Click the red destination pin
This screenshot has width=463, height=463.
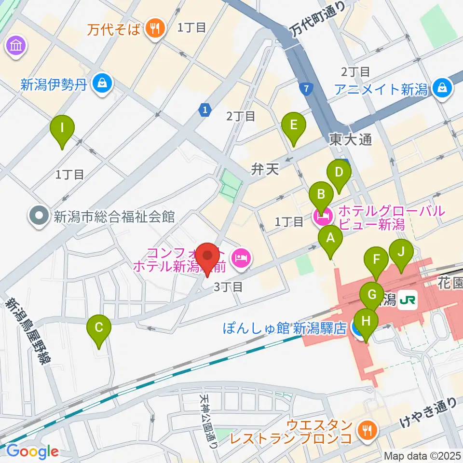point(209,256)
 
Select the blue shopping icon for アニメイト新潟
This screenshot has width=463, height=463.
point(441,87)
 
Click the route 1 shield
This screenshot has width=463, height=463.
point(205,110)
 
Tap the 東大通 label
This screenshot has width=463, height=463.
point(351,140)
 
